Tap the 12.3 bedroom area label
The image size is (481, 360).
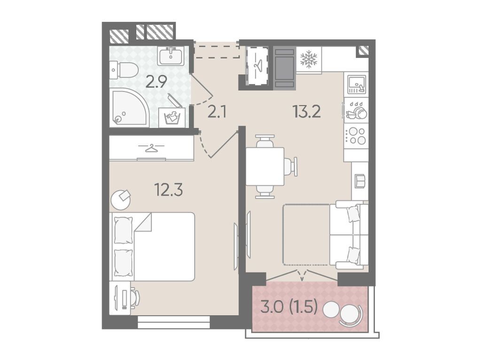click(x=169, y=190)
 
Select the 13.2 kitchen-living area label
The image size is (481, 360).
click(x=307, y=112)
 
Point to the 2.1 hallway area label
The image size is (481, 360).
click(x=217, y=112)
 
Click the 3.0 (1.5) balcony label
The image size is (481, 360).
click(x=289, y=306)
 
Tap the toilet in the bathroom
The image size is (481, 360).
click(x=124, y=70)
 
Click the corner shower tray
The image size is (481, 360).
click(x=129, y=107)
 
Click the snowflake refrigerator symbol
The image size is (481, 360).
click(x=309, y=60)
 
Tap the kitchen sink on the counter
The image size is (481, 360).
click(x=356, y=84)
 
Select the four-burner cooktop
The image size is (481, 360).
click(x=356, y=136)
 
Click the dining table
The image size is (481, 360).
click(x=265, y=167)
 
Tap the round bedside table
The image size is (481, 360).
click(x=121, y=200)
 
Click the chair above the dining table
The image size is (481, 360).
click(x=265, y=141)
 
